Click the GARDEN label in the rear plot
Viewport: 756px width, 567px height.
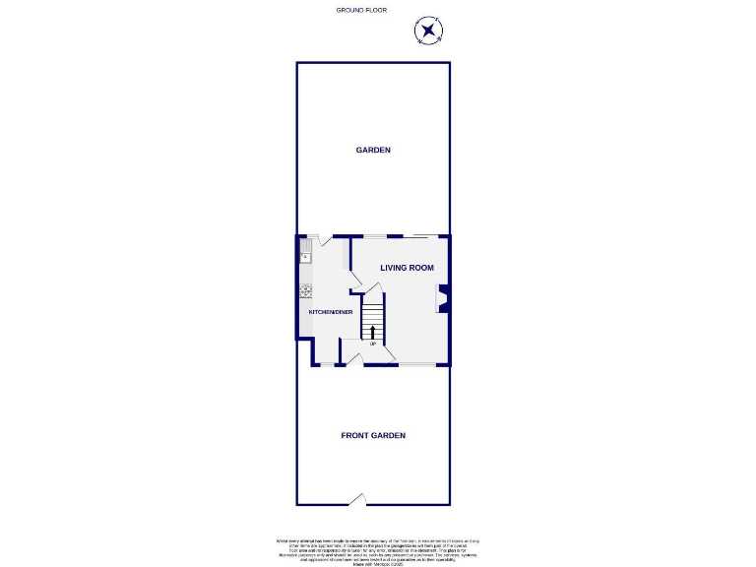coord(373,150)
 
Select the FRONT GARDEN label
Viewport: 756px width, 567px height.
coord(373,435)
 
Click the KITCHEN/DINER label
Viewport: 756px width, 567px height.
coord(331,312)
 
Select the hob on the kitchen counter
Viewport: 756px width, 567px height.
coord(304,291)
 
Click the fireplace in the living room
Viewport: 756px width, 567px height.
coord(444,298)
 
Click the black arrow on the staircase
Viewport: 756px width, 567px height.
coord(372,330)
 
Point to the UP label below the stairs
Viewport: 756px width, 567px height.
coord(372,344)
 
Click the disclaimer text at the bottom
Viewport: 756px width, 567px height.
coord(377,548)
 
